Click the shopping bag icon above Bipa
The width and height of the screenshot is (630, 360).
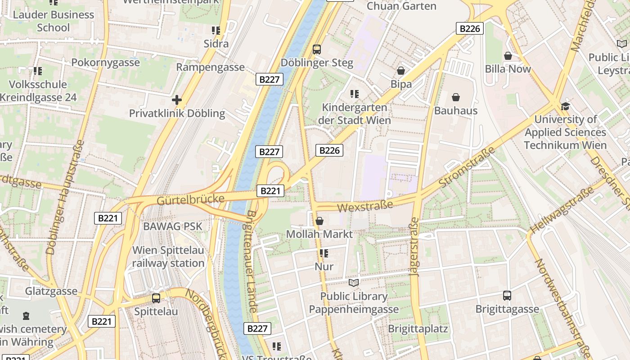[x=401, y=71]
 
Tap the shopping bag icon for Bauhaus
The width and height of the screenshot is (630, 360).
[x=456, y=97]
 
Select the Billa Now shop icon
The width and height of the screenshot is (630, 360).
[x=508, y=56]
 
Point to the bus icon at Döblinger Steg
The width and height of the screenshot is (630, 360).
[x=317, y=49]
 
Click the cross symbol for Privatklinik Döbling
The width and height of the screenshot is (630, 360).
[x=177, y=100]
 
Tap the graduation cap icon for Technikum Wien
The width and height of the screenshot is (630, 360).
[x=565, y=106]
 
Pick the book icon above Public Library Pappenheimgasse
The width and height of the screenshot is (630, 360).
[x=354, y=283]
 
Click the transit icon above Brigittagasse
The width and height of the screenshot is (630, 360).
[x=507, y=296]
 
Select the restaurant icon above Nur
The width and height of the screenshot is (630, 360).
[x=324, y=253]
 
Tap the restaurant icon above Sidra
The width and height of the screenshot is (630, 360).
[x=216, y=31]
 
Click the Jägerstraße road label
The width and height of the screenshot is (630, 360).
[x=414, y=247]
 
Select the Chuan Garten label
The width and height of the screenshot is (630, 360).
[x=401, y=6]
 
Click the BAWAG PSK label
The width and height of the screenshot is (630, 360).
[x=172, y=226]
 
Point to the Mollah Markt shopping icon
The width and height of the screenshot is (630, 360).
[x=319, y=221]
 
